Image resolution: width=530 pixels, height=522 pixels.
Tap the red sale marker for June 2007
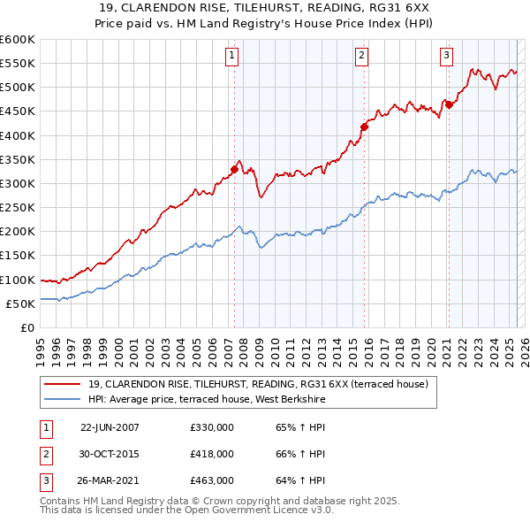pyautogui.click(x=234, y=168)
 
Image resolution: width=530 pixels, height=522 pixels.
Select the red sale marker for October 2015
pyautogui.click(x=364, y=126)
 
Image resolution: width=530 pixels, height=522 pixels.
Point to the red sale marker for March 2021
pyautogui.click(x=448, y=104)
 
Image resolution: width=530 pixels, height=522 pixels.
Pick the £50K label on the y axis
pyautogui.click(x=20, y=303)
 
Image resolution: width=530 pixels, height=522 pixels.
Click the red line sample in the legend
pyautogui.click(x=63, y=384)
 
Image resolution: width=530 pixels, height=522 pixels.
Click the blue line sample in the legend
pyautogui.click(x=63, y=400)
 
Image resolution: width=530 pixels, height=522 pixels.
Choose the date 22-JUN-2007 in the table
pyautogui.click(x=110, y=427)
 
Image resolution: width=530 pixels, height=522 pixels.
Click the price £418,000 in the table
pyautogui.click(x=211, y=454)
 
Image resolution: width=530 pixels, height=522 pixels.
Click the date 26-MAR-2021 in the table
pyautogui.click(x=110, y=481)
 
